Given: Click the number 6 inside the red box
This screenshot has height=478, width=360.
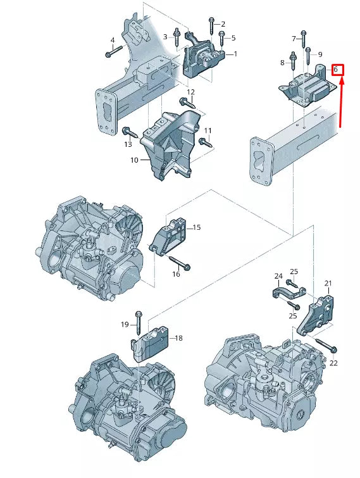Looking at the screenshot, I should pos(337,69).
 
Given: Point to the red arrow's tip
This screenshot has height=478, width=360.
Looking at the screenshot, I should pos(340,79).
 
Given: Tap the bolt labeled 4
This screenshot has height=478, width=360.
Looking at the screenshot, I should pos(109,54).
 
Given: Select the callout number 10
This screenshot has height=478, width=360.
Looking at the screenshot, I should pos(134,160).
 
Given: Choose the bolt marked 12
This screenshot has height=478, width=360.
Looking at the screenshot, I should pos(187,102).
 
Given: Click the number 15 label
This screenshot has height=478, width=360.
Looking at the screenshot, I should pos(196,227).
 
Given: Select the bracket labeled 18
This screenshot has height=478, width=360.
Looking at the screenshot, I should pos(152,342).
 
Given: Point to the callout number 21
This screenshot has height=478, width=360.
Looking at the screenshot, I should pos(328,283).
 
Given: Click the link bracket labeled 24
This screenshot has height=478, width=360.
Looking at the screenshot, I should pos(288,293).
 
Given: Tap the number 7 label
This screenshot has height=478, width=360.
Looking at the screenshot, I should pos(294,39).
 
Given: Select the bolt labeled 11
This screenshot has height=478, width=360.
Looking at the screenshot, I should pos(204,141).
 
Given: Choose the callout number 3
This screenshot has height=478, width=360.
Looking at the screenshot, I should pos(166,37).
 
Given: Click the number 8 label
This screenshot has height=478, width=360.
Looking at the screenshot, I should pos(282,63).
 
